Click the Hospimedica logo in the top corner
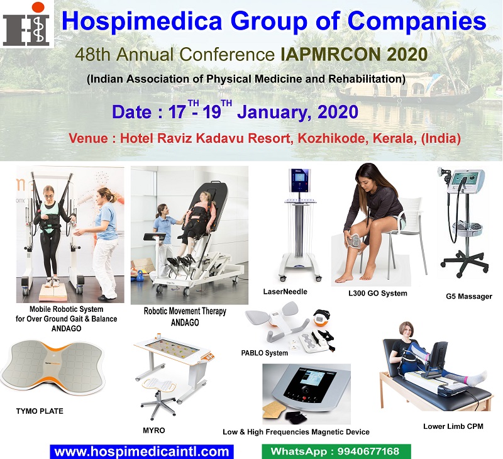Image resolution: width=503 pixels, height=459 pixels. coord(27,24)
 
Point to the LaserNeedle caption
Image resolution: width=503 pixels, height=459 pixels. coord(285,292)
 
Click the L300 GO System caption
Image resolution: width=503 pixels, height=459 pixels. coord(378,293)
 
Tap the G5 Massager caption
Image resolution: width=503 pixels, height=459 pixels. coord(468,296)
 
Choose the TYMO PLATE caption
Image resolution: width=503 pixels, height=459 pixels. coord(40,411)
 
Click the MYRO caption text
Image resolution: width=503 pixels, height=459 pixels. coord(153,431)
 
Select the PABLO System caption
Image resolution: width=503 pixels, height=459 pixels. coord(264,353)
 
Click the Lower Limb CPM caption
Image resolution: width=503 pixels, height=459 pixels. coord(453,426)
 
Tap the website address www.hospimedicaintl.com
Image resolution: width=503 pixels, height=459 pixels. coord(141,451)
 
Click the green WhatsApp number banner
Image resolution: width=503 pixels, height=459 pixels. coord(336,451)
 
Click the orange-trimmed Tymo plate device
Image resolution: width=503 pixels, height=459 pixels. coord(53,368)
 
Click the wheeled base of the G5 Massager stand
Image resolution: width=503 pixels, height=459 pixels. coord(465,263)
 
